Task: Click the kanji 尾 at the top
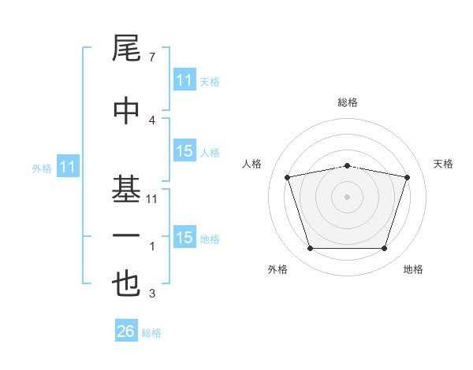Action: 126,48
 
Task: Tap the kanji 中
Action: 126,110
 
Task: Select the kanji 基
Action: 126,189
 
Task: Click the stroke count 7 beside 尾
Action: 152,57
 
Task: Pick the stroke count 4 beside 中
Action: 152,120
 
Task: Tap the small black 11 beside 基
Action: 151,199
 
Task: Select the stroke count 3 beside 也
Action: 152,293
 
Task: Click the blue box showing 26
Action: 126,330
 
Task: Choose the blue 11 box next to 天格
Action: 184,80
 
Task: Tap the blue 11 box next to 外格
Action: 68,166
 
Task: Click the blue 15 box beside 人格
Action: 184,150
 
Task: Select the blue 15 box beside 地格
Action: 184,236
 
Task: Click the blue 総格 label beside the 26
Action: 151,333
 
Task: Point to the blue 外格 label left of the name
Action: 42,168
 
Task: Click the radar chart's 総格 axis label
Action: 348,102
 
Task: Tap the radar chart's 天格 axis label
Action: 443,164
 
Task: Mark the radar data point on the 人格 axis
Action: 287,177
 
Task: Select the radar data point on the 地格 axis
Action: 384,249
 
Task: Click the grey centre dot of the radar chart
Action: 347,197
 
